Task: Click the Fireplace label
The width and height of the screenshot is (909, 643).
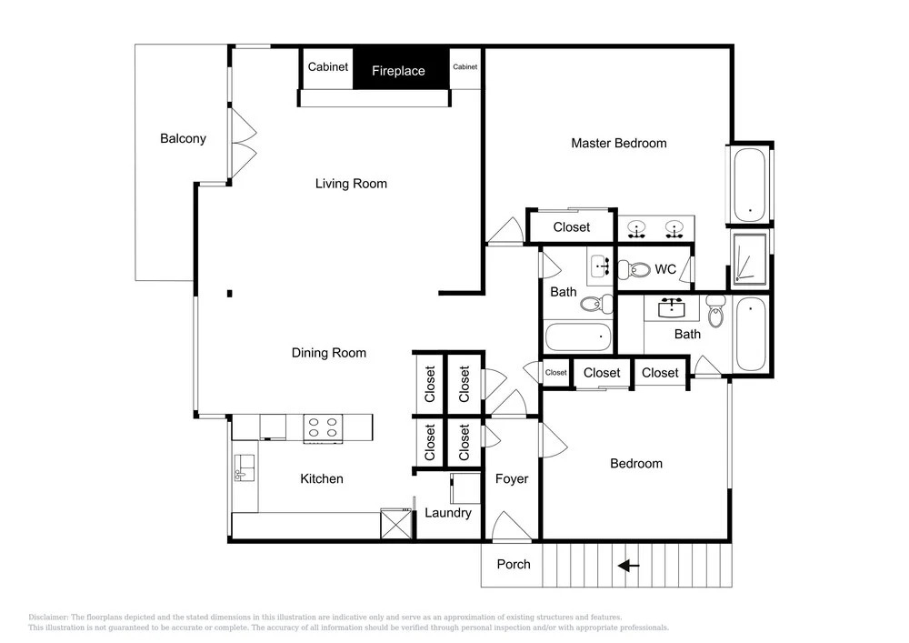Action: click(398, 71)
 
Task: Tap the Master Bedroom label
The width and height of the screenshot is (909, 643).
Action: click(618, 143)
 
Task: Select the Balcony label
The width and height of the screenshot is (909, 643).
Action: click(184, 138)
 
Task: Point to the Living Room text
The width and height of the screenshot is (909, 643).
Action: click(351, 184)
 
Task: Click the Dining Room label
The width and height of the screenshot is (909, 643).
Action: click(329, 353)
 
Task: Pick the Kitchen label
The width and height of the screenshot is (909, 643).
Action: click(322, 479)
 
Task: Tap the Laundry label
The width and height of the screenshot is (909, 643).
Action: click(448, 513)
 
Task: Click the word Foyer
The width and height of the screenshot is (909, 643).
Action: click(512, 479)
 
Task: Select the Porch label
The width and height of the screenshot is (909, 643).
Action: click(514, 564)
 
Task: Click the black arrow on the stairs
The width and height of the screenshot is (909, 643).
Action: click(628, 566)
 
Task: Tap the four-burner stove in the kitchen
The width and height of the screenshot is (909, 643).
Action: click(323, 429)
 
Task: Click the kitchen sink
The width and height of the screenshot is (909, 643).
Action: click(244, 467)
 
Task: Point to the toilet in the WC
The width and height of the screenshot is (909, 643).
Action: click(634, 269)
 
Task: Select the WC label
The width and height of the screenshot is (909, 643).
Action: click(665, 269)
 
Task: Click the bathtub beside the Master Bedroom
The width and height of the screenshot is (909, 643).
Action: click(750, 185)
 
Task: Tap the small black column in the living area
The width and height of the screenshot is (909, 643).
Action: click(230, 294)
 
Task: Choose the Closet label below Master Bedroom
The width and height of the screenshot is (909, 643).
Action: click(572, 227)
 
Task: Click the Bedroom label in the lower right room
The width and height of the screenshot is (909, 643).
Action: click(636, 464)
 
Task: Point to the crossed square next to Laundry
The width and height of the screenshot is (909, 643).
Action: click(396, 524)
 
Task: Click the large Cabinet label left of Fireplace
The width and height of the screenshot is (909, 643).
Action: click(328, 67)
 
